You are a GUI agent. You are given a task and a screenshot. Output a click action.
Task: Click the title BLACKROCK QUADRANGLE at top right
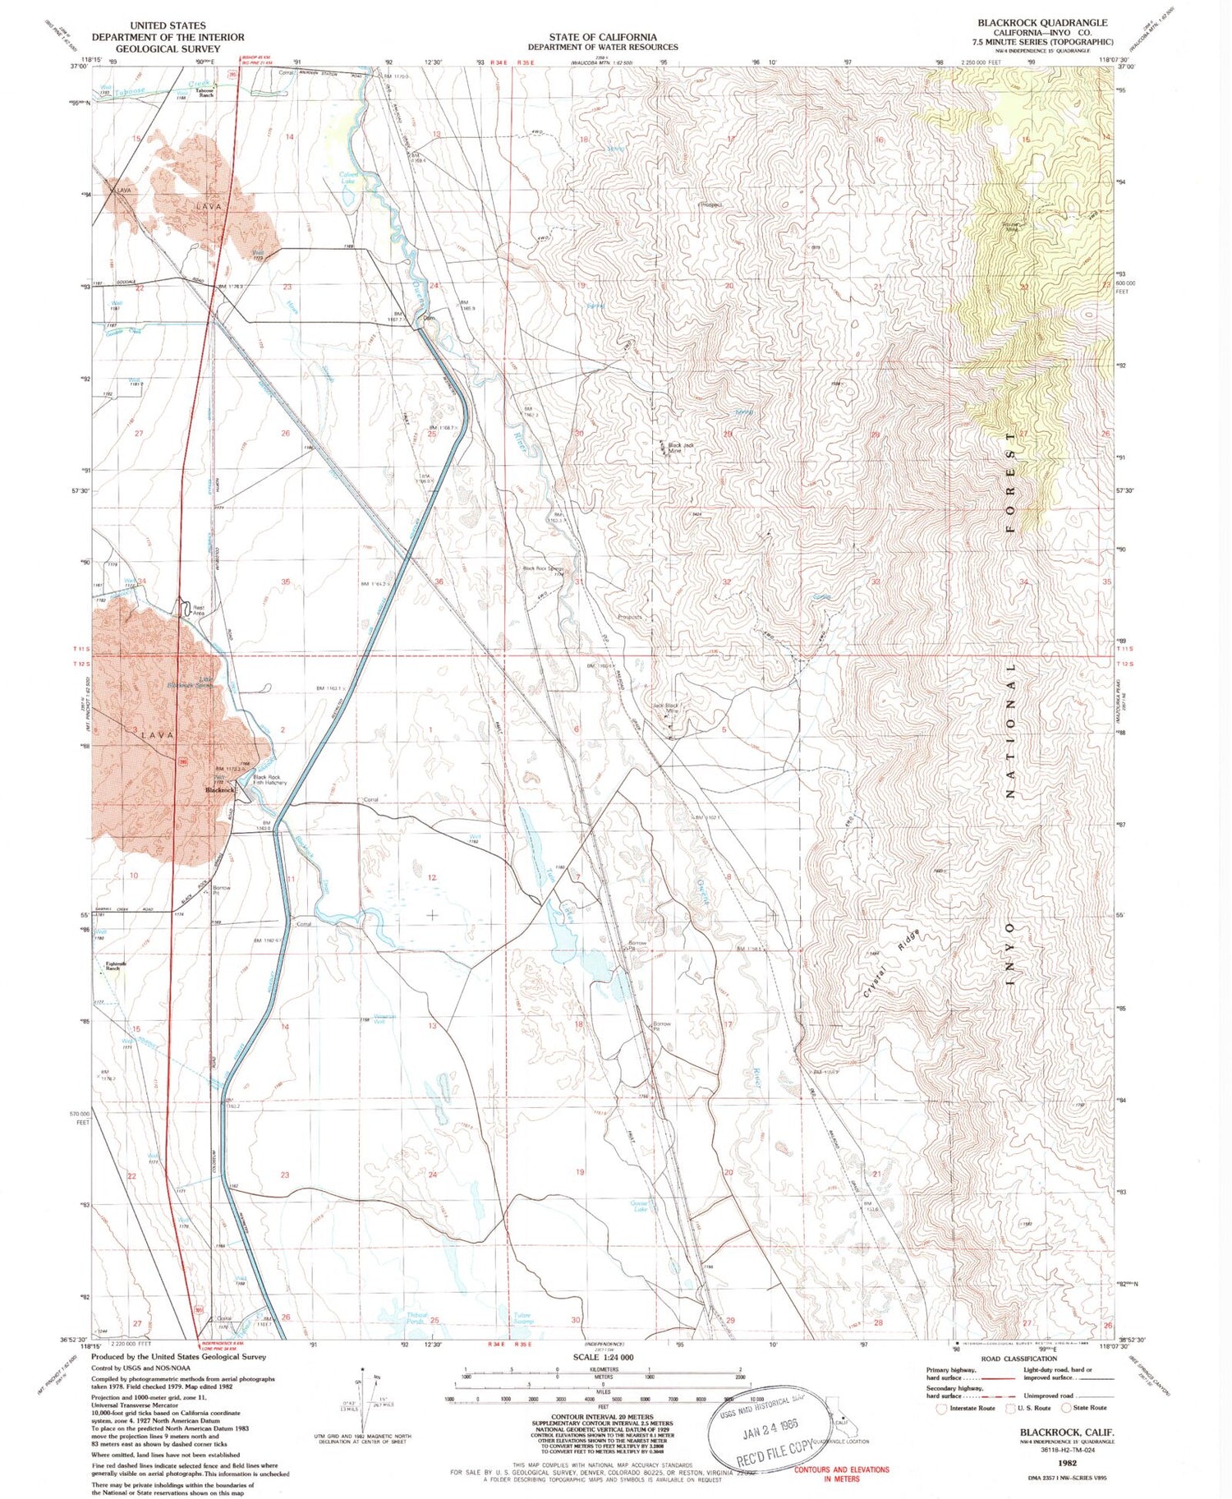tap(1041, 22)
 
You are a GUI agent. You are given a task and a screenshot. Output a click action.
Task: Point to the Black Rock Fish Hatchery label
tap(269, 779)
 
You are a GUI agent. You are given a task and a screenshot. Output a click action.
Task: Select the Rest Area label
tap(198, 610)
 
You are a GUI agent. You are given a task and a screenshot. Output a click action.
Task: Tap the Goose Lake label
tap(639, 1206)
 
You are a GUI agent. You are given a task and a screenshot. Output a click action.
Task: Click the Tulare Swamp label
tap(522, 1317)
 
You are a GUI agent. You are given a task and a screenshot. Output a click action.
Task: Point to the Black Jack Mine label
tap(681, 448)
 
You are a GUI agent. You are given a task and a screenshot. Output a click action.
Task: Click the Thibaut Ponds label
tap(417, 1317)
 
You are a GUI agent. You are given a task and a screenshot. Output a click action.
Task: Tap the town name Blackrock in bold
tap(219, 789)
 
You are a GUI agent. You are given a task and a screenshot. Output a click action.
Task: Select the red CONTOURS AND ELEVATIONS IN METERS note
tap(841, 1474)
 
